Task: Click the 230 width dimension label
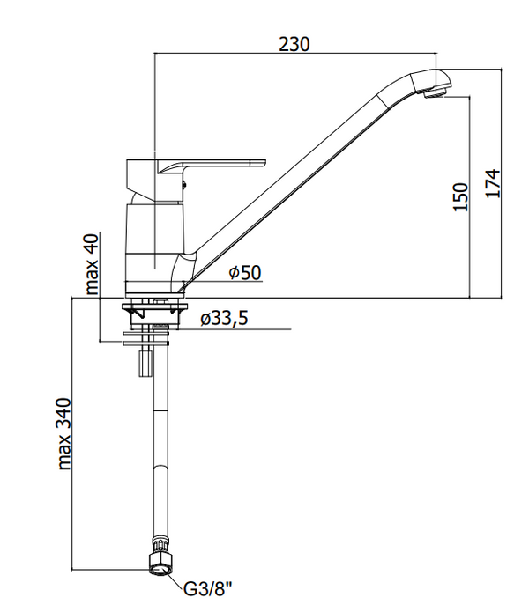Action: point(294,44)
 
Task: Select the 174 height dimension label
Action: point(493,183)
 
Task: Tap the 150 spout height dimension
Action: point(460,196)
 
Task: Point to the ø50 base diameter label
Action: point(245,273)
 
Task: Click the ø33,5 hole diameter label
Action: point(224,319)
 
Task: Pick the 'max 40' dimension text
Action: point(92,264)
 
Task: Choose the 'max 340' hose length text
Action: point(64,434)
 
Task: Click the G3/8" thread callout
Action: point(208,589)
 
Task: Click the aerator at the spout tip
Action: point(435,92)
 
